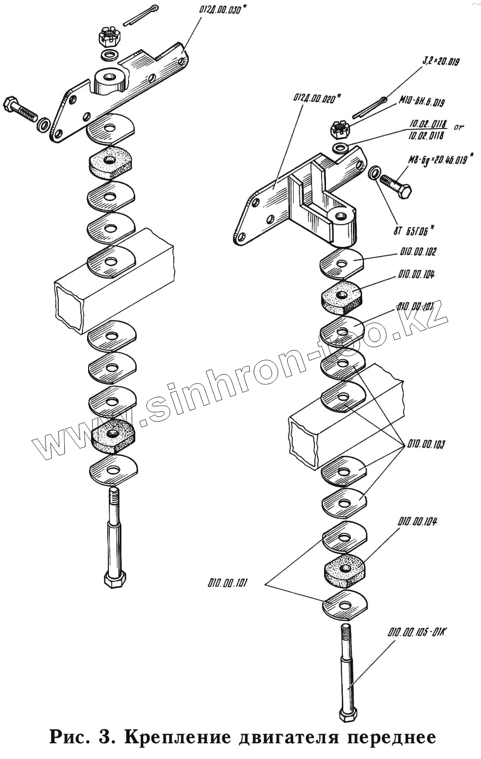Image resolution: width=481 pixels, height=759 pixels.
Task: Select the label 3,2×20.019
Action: coord(440,62)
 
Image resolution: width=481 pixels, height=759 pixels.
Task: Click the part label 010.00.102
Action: coord(417,252)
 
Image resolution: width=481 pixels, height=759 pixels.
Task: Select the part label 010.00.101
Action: coord(227,583)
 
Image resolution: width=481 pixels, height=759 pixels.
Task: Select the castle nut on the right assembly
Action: coord(338,130)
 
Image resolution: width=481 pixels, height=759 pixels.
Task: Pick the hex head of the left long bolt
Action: coord(116,579)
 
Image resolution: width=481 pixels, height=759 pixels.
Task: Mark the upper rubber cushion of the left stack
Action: coord(110,161)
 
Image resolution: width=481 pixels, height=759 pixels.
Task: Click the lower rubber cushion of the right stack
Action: coord(344,564)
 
